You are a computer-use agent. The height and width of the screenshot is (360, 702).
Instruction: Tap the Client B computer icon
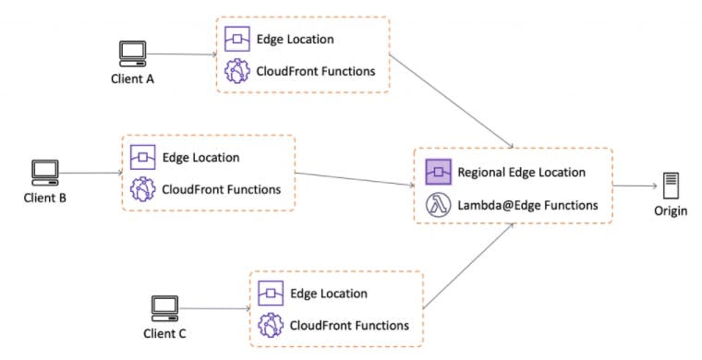click(44, 172)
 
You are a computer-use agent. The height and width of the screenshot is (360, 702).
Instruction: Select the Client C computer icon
click(164, 306)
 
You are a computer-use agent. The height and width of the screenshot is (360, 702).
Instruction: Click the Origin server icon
click(671, 186)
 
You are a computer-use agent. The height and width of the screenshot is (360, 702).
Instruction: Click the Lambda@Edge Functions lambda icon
click(437, 206)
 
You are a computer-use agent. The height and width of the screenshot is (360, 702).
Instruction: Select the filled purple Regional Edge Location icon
click(437, 173)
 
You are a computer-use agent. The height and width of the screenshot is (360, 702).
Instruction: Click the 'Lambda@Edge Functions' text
click(526, 206)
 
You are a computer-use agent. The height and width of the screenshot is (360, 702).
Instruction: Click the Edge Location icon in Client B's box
click(142, 157)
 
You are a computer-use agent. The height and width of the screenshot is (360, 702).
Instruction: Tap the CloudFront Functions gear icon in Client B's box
click(142, 190)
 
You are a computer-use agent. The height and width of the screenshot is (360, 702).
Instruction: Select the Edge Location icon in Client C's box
click(271, 293)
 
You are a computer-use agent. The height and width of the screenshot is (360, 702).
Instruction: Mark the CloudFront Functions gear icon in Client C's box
click(271, 325)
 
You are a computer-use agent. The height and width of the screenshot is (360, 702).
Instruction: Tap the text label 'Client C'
click(165, 331)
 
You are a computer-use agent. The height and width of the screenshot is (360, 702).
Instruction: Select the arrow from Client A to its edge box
click(181, 54)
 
